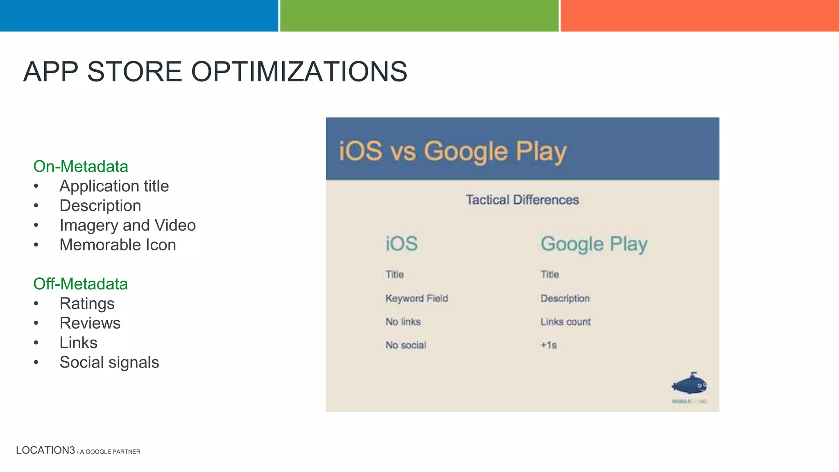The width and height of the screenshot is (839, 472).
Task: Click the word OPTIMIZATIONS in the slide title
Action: coord(299,72)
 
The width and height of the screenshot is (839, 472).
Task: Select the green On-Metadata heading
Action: coord(81,166)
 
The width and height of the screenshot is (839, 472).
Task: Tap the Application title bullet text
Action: coord(114,186)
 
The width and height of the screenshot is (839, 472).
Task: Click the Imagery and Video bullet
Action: coord(127,225)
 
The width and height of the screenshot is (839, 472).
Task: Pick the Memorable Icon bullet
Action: coord(118,245)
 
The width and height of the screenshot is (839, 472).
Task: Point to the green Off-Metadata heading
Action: coord(80,284)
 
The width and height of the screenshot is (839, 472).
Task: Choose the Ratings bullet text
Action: coord(87,304)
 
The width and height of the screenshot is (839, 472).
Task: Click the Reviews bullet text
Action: coord(90,323)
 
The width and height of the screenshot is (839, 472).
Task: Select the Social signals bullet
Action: coord(109,363)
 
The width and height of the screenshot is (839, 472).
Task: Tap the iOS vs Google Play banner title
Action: coord(452,151)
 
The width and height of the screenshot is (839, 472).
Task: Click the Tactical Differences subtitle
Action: coord(522,200)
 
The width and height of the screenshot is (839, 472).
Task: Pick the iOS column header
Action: coord(401,244)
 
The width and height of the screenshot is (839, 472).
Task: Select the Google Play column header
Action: coord(594,244)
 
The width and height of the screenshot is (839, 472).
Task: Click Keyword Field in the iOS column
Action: coord(417,298)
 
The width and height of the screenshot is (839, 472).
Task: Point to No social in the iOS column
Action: coord(406,345)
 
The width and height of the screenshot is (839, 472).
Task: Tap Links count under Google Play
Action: coord(565,322)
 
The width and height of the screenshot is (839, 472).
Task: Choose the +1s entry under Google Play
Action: coord(549,345)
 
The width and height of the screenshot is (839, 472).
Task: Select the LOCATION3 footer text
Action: coord(45,450)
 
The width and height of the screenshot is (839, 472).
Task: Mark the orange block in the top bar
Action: coord(699,16)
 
